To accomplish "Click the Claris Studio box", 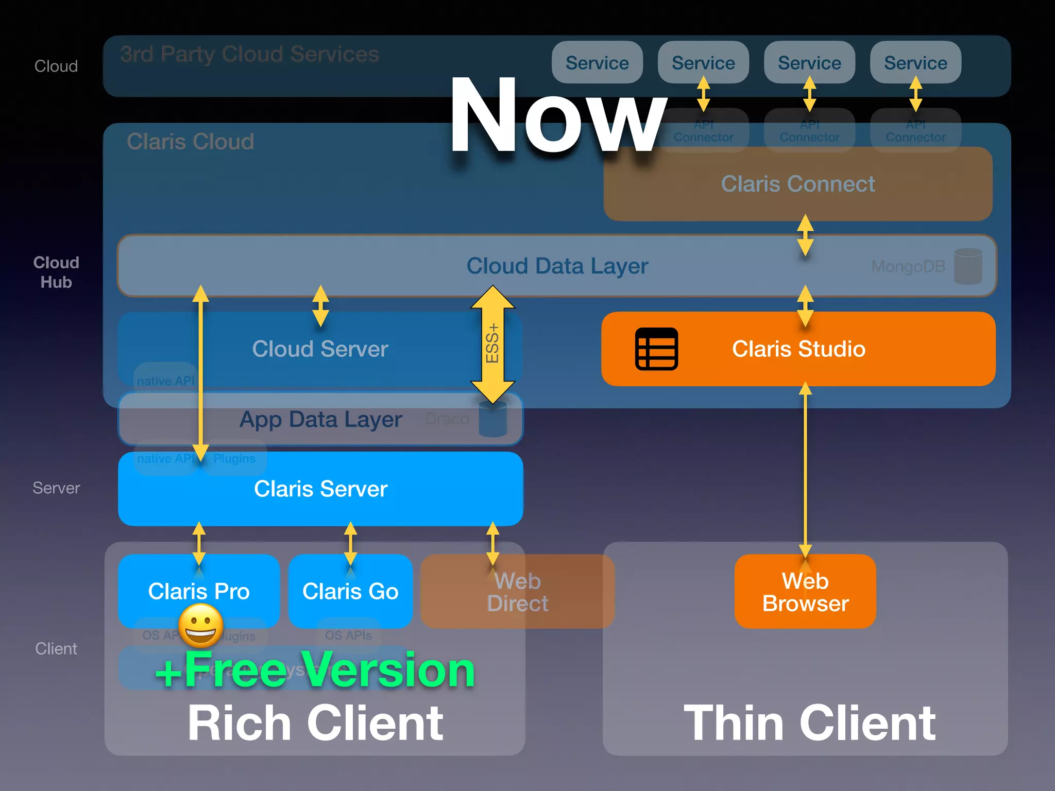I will click(798, 349).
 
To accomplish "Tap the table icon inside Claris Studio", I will click(656, 349).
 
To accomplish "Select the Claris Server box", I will click(320, 489).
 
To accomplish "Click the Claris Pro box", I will click(199, 591).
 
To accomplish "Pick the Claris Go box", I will click(350, 591).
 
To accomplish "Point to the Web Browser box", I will click(805, 592).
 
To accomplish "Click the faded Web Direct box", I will click(517, 592).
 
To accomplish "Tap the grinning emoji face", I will click(201, 626).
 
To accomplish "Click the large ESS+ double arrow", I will click(492, 344).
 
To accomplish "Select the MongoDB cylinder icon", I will click(968, 266).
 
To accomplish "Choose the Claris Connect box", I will click(797, 184).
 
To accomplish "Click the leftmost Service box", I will click(597, 62).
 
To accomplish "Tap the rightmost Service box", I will click(915, 62).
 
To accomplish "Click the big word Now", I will click(557, 116).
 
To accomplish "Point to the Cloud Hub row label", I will click(56, 272).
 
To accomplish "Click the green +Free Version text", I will click(315, 669).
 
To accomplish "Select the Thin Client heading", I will click(809, 723).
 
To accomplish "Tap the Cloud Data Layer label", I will click(557, 266).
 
